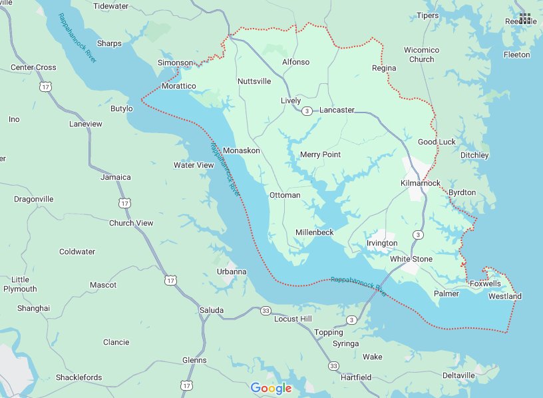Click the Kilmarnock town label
click(x=421, y=182)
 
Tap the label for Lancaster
click(x=337, y=110)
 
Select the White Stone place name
click(x=411, y=259)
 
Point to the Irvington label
click(x=382, y=244)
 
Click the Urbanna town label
click(x=232, y=272)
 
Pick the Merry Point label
click(x=320, y=154)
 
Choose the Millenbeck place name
click(x=314, y=232)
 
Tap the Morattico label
click(x=179, y=87)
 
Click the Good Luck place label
click(x=437, y=142)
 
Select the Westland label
click(x=505, y=296)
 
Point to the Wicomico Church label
click(x=421, y=55)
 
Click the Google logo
click(x=271, y=388)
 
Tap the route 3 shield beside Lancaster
click(x=307, y=110)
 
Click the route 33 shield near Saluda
click(x=266, y=311)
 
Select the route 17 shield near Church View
click(x=124, y=202)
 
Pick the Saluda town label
click(x=212, y=310)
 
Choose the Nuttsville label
click(x=254, y=81)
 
